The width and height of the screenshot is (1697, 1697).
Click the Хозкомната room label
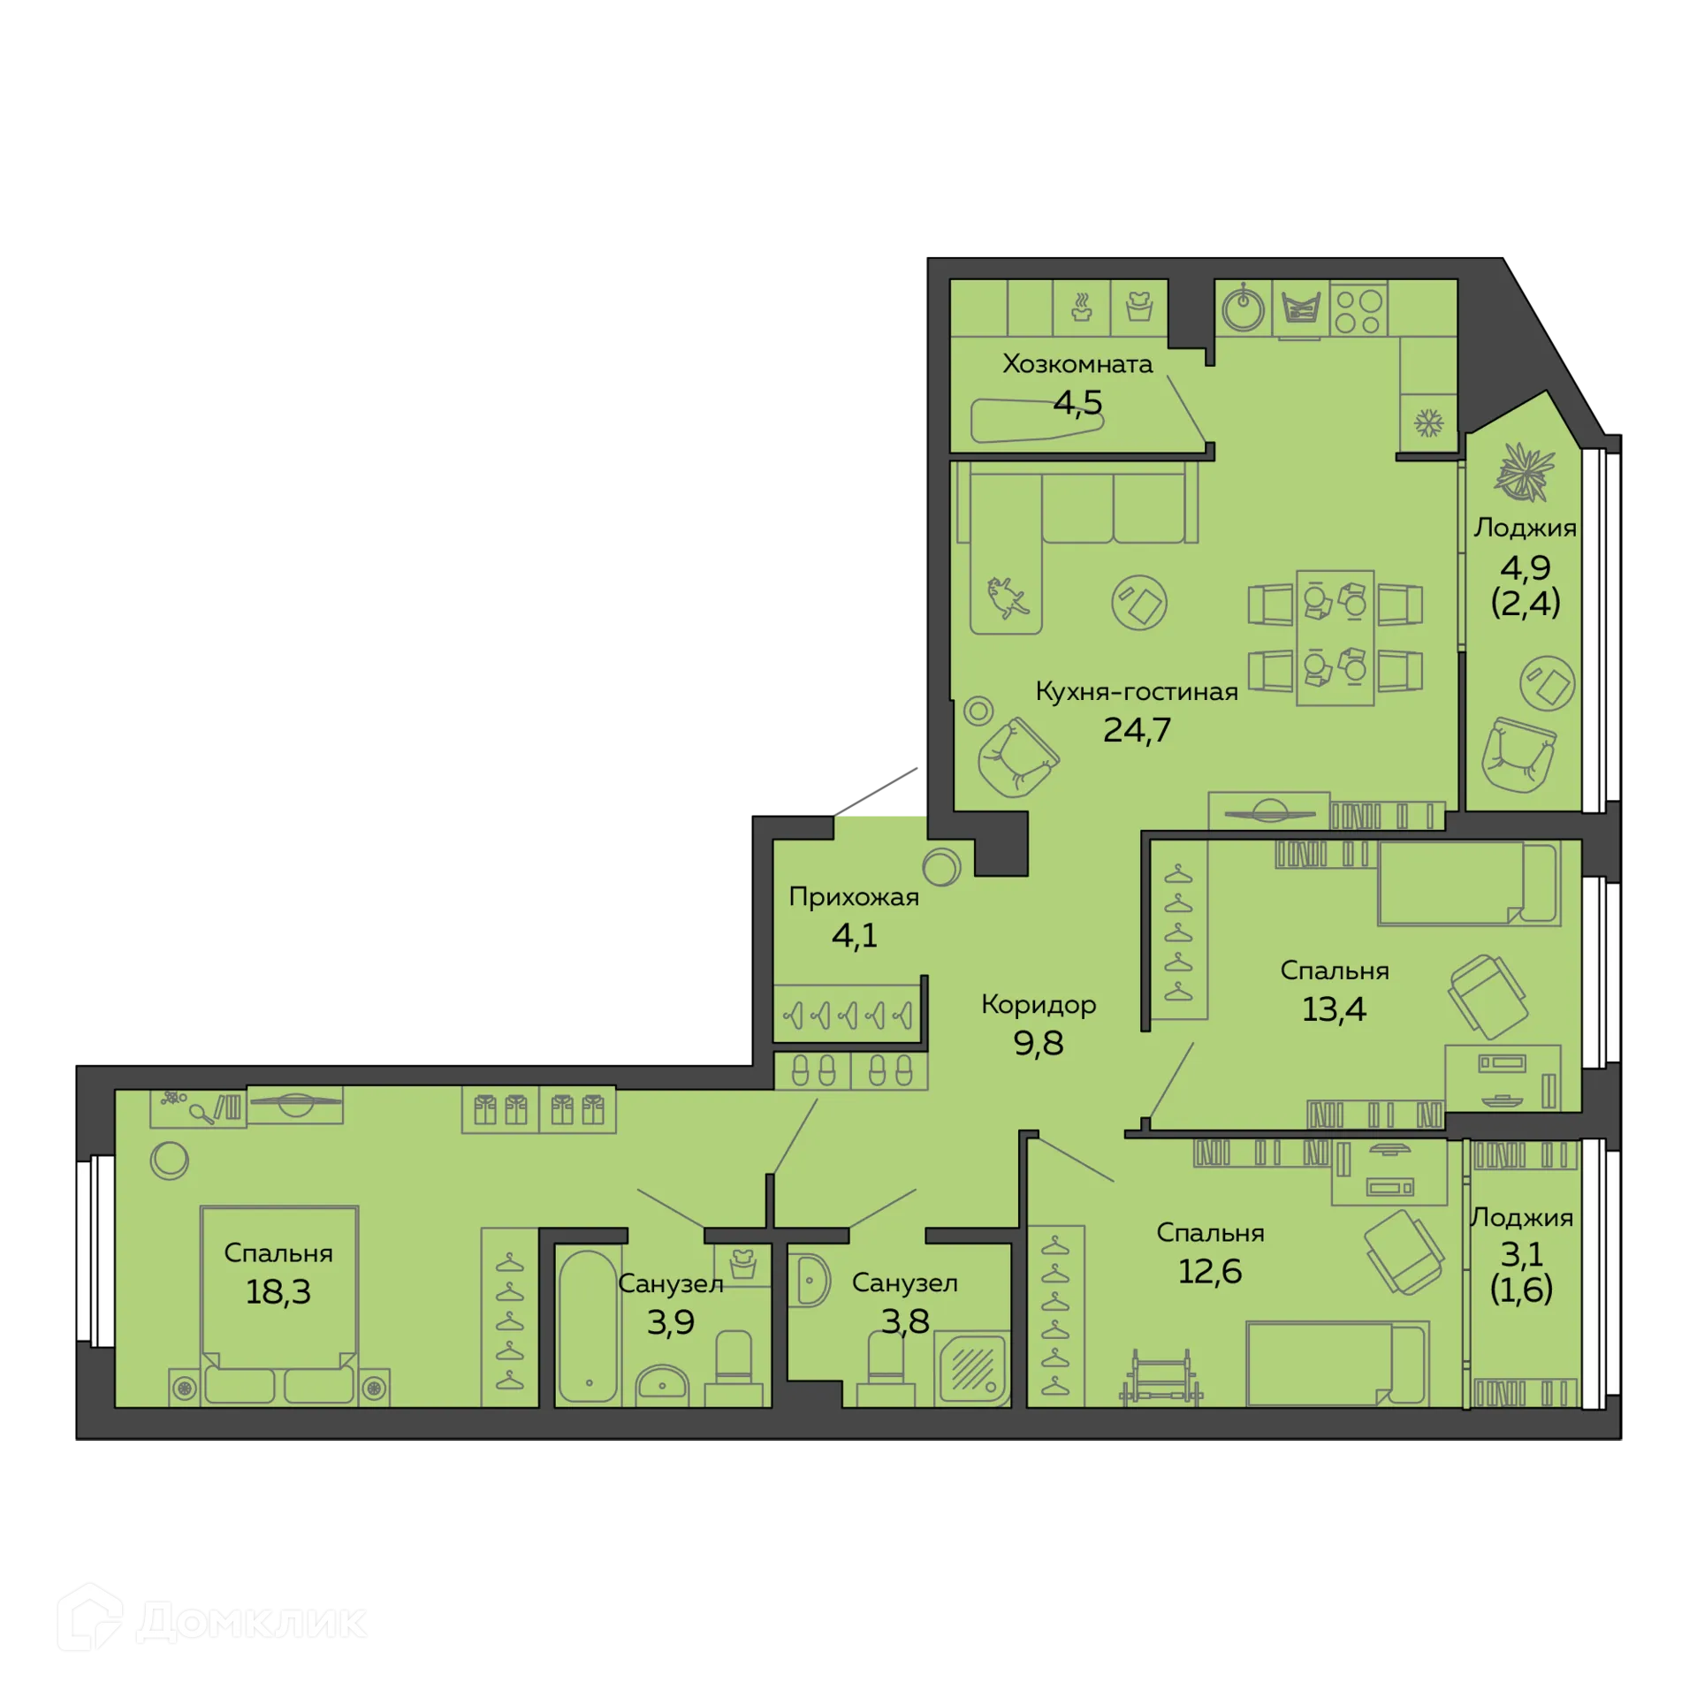pyautogui.click(x=1077, y=364)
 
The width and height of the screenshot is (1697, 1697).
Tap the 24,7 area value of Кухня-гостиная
pyautogui.click(x=1137, y=730)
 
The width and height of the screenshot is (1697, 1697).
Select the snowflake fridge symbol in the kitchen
pyautogui.click(x=1428, y=422)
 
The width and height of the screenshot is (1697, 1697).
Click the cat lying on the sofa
pyautogui.click(x=1007, y=598)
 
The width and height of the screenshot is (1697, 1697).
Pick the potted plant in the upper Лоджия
pyautogui.click(x=1523, y=471)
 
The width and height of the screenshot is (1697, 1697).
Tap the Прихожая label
pyautogui.click(x=853, y=897)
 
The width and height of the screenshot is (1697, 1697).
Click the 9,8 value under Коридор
pyautogui.click(x=1038, y=1044)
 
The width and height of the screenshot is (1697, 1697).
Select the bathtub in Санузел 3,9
pyautogui.click(x=588, y=1326)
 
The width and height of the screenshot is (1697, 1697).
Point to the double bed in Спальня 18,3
pyautogui.click(x=278, y=1299)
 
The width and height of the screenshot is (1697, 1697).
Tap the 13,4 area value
pyautogui.click(x=1334, y=1008)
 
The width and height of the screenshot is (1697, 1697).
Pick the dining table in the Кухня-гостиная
pyautogui.click(x=1335, y=637)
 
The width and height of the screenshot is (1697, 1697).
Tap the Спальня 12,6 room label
pyautogui.click(x=1209, y=1233)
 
